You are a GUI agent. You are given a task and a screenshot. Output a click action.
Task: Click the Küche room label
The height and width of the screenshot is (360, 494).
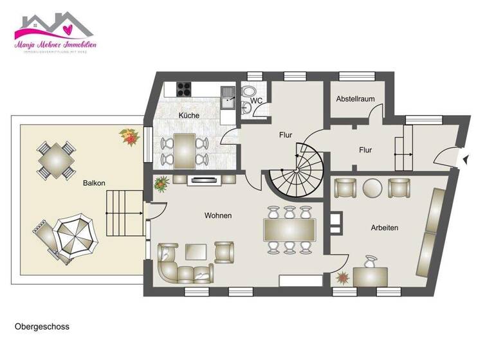tap(188, 115)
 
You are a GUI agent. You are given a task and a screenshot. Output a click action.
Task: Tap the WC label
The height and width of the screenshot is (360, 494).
tap(256, 101)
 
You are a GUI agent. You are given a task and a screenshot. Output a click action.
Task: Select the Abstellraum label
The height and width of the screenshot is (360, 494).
tap(355, 99)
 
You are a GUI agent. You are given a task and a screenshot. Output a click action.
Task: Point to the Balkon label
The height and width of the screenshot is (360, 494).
tap(94, 183)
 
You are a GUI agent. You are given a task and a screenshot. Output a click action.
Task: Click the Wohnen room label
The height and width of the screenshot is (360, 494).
tap(218, 215)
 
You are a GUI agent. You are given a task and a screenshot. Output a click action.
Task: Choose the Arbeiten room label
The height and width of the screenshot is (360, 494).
tap(384, 228)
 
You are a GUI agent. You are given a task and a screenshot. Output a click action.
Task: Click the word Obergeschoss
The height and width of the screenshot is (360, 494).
tap(42, 327)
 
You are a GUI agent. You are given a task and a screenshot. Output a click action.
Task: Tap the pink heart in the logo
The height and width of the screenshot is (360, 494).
tap(68, 29)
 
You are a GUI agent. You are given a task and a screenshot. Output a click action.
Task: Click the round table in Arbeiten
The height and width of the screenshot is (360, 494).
tap(372, 188)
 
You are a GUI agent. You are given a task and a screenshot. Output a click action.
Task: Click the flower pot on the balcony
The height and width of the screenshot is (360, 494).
tap(128, 136)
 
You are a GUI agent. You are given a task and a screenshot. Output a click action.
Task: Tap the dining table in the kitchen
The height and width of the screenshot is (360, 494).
tap(185, 149)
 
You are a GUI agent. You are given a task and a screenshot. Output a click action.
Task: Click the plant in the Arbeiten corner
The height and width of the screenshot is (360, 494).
tap(342, 279)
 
